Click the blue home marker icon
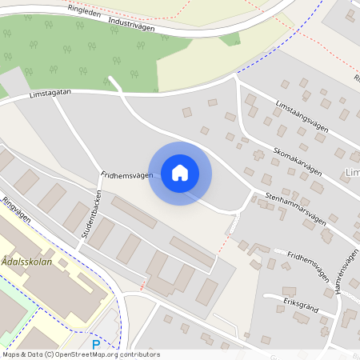(x=179, y=173)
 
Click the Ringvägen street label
(x=15, y=210)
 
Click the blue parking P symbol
(x=96, y=345)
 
